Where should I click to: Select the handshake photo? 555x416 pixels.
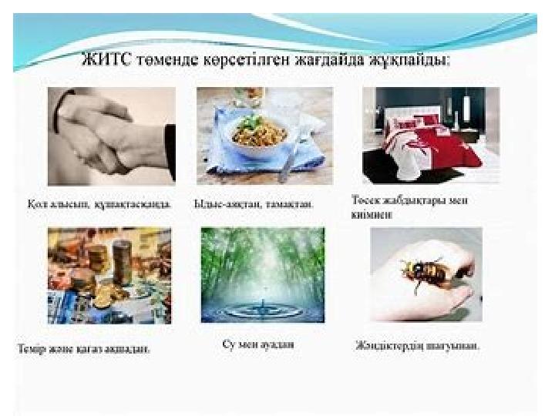click(112, 136)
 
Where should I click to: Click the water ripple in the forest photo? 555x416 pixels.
click(262, 308)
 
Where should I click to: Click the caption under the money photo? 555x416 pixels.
click(84, 348)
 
